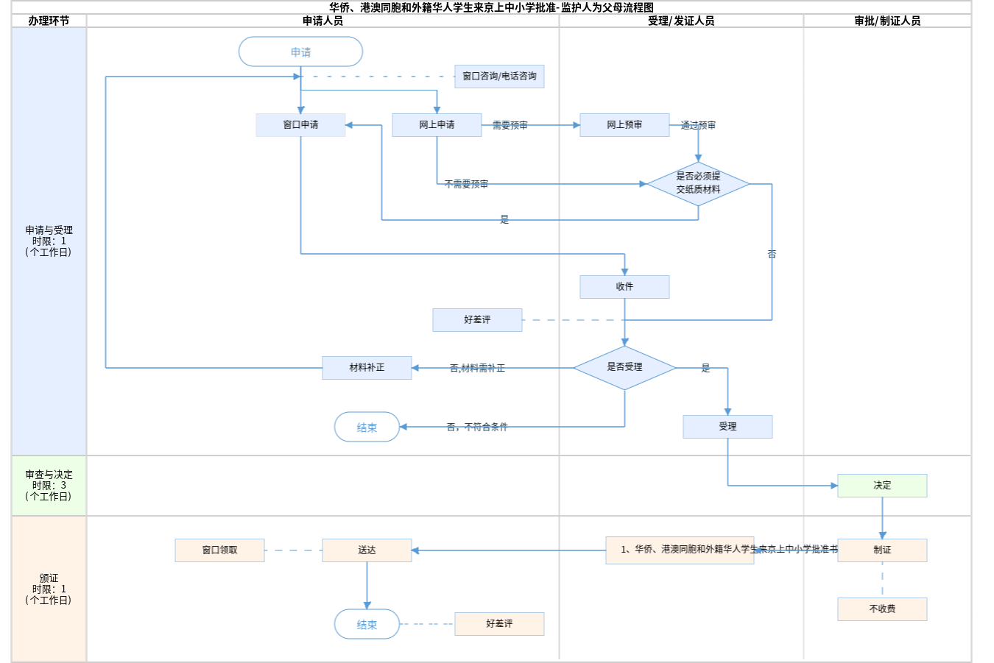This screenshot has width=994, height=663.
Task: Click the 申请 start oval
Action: click(300, 52)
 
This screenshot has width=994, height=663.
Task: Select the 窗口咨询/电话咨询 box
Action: click(499, 77)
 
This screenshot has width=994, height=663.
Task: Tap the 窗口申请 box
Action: click(300, 125)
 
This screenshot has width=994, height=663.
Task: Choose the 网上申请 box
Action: click(437, 125)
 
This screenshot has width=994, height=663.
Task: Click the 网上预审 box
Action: click(624, 125)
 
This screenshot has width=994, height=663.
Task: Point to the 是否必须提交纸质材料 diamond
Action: click(698, 183)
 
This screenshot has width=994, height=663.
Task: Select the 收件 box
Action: click(624, 287)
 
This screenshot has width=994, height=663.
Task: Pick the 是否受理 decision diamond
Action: click(624, 367)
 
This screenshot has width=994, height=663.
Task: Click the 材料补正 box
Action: click(367, 368)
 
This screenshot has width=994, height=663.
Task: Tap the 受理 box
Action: click(727, 427)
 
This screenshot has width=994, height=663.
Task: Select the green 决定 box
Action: click(882, 486)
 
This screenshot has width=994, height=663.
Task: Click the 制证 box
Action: click(882, 550)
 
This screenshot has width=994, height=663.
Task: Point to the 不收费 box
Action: click(882, 609)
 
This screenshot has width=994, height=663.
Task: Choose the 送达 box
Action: click(367, 550)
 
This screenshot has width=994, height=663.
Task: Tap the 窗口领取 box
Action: click(219, 550)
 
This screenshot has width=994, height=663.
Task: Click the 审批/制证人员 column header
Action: click(887, 21)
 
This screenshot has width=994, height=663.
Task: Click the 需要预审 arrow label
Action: click(510, 126)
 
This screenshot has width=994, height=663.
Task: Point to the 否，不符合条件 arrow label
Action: click(477, 427)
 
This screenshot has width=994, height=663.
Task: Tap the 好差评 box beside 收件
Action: click(477, 320)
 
